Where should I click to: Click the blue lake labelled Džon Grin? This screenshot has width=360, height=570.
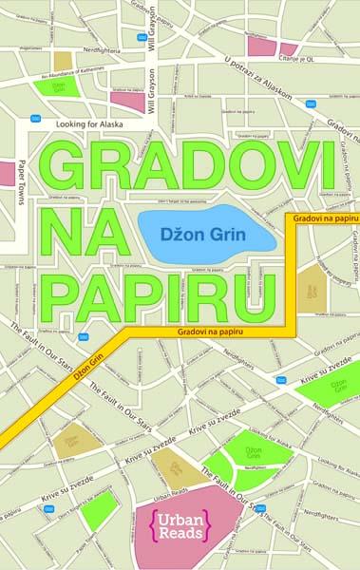(206, 231)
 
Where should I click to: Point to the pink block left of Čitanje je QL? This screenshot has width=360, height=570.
(259, 44)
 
